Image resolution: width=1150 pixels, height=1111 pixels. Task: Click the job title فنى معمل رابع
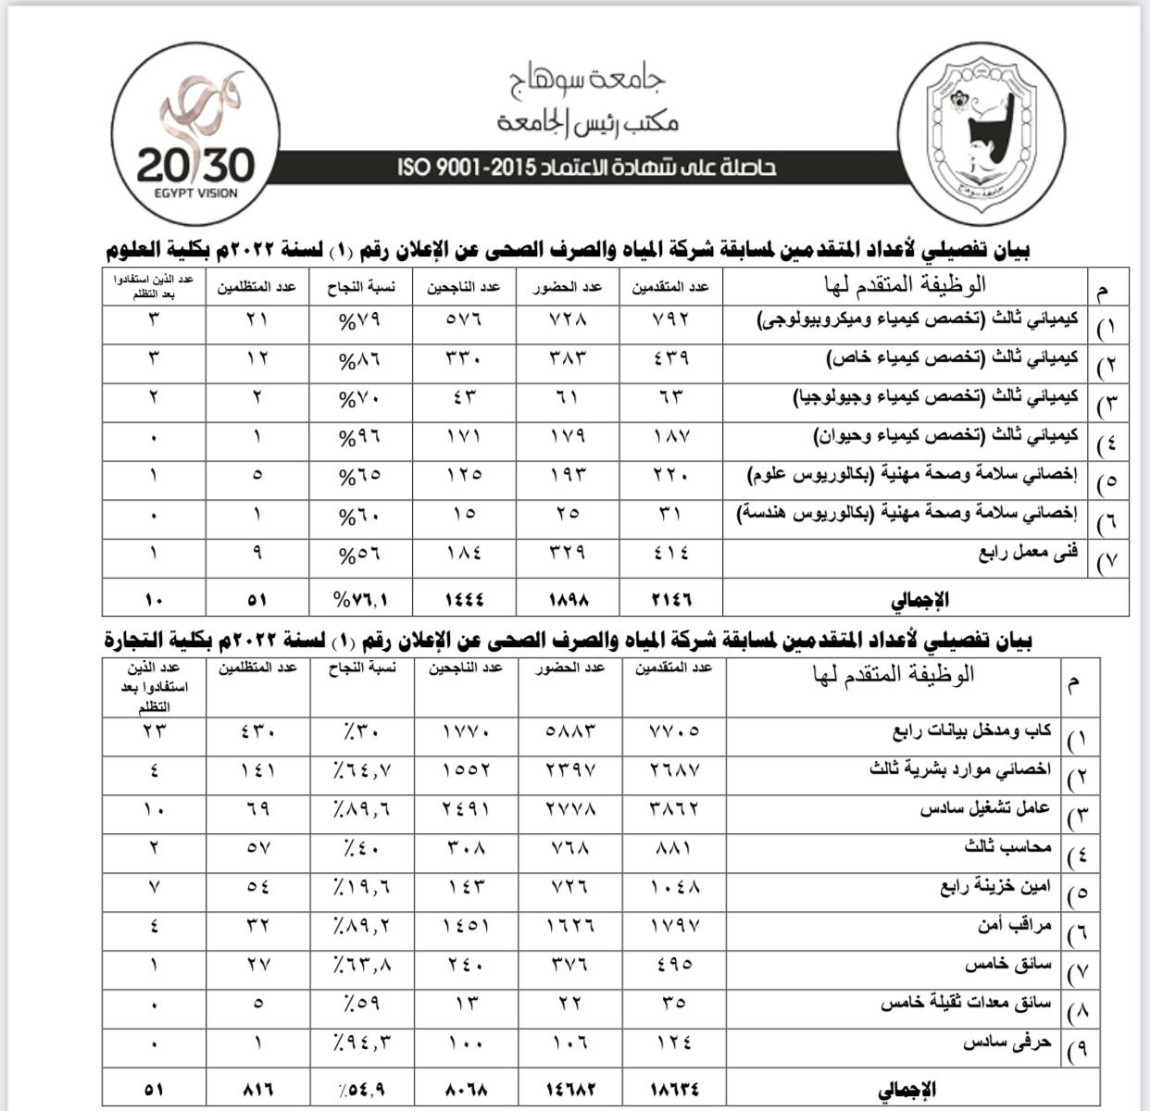pos(1028,554)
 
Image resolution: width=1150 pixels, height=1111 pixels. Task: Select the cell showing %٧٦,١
pos(362,599)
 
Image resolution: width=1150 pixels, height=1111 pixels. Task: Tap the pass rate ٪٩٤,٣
pos(361,1042)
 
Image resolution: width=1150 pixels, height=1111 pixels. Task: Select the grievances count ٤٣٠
pos(256,730)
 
